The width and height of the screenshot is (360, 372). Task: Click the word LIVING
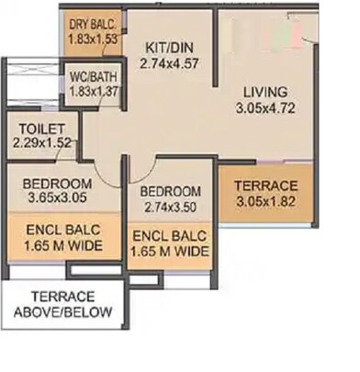point(265,93)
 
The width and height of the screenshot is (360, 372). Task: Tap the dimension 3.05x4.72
point(265,109)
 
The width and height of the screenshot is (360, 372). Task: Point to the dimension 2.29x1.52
point(41,143)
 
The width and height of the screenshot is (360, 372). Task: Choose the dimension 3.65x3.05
point(57,197)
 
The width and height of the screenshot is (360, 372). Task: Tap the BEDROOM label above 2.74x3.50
point(172,192)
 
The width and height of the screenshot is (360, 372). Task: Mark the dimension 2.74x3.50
point(172,208)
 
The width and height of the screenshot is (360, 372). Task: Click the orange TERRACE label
point(266,186)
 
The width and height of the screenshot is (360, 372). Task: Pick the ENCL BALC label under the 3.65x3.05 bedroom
point(62,230)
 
